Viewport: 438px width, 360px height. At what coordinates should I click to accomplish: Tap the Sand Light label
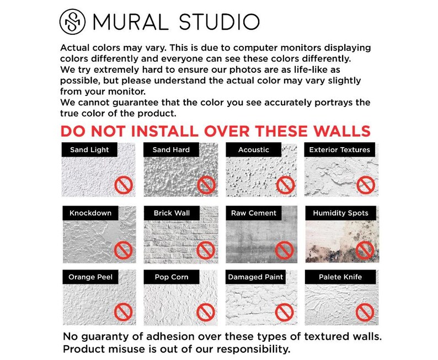click(89, 149)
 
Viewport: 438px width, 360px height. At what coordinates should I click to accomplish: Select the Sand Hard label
click(171, 149)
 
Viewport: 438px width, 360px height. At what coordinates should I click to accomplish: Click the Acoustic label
click(254, 149)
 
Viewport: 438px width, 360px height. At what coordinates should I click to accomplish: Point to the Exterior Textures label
click(339, 149)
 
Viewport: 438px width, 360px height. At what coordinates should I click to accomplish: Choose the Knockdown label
click(90, 213)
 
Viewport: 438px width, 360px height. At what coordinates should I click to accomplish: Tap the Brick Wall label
click(172, 213)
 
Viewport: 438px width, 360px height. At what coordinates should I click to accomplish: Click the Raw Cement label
click(254, 213)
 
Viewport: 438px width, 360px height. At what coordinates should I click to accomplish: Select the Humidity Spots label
click(340, 213)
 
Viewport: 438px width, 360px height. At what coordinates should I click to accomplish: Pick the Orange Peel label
click(90, 277)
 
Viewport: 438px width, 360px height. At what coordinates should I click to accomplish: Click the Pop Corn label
click(172, 277)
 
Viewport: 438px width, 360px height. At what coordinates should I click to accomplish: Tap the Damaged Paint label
click(256, 277)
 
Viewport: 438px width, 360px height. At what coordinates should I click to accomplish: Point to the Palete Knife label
click(340, 277)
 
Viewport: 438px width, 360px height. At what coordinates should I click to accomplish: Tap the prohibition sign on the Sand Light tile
click(123, 185)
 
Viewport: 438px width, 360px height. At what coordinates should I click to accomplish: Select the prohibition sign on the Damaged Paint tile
click(284, 313)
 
